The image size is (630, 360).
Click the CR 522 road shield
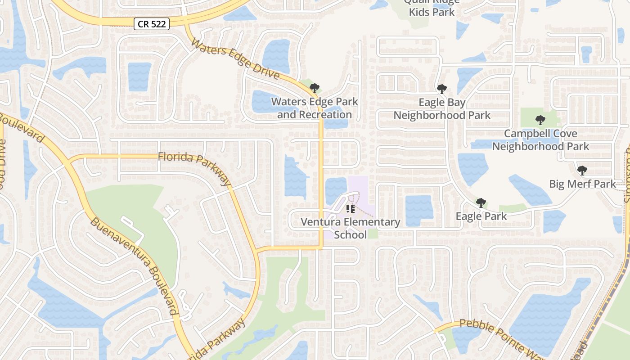click(151, 24)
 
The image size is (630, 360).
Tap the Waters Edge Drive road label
click(235, 59)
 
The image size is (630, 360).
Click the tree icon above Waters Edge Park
click(315, 88)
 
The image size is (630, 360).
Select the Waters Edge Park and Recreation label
click(315, 108)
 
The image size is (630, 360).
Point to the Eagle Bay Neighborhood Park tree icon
click(442, 89)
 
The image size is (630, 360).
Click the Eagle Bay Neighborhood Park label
click(442, 109)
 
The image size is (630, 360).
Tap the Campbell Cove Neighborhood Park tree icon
click(540, 120)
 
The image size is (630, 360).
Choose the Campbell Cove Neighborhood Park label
click(540, 140)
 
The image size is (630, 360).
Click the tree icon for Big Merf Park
click(582, 170)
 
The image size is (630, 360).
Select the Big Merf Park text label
click(582, 184)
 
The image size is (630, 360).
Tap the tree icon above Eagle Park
click(481, 202)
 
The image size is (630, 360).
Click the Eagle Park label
click(481, 216)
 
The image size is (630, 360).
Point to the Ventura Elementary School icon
click(351, 209)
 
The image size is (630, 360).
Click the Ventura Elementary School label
click(351, 228)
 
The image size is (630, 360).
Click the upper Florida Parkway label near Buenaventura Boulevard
click(194, 167)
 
